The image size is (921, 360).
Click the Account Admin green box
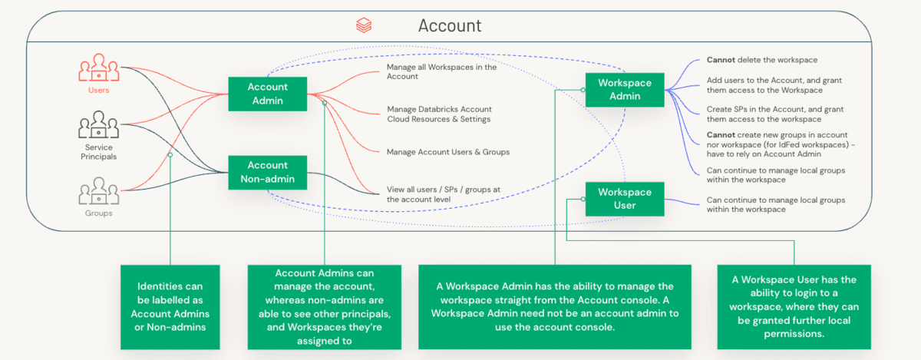pos(267,94)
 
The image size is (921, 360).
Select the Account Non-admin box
pos(267,173)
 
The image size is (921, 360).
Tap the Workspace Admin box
pos(624,89)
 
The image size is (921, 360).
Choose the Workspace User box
pos(624,199)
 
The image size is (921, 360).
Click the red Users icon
pos(98,69)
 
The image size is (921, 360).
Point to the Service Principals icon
pos(98,125)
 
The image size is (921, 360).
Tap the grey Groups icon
pos(98,190)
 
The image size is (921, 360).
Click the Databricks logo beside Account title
pos(364,26)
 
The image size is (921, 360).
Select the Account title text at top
pos(450,25)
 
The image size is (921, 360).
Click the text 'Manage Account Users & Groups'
pos(448,152)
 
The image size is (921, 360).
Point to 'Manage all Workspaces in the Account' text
pos(441,72)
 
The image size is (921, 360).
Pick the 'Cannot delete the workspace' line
pos(761,60)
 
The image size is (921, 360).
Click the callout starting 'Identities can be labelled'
pos(170,306)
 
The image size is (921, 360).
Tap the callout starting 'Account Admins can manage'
pos(324,306)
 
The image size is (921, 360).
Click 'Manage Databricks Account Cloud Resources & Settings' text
pos(439,114)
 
